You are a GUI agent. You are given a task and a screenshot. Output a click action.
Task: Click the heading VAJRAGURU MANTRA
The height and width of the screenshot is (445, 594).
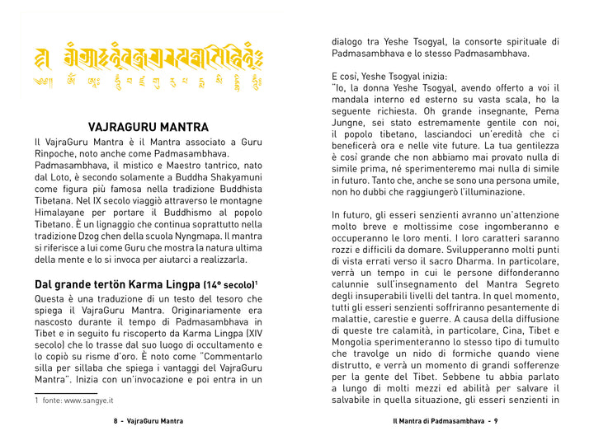(148, 127)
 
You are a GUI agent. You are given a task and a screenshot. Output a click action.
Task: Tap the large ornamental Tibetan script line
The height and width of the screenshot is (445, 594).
(148, 59)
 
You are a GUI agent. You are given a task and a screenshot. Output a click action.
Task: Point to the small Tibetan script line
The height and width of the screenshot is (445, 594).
(148, 82)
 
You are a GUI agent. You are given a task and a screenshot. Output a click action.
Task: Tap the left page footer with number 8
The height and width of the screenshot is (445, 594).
(148, 420)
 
